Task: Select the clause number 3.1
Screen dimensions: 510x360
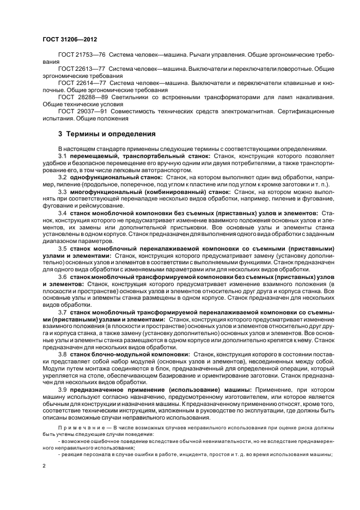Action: pos(62,155)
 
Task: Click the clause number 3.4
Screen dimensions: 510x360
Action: pos(62,214)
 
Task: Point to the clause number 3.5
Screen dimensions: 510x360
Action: pos(62,248)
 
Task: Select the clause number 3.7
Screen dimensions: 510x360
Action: pos(62,312)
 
